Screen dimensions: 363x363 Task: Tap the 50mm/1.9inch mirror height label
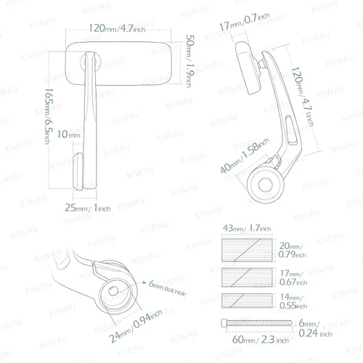pyautogui.click(x=190, y=61)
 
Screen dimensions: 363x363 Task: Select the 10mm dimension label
pyautogui.click(x=69, y=134)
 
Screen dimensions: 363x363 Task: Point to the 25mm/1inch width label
pyautogui.click(x=87, y=208)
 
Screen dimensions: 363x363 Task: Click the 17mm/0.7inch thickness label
pyautogui.click(x=245, y=22)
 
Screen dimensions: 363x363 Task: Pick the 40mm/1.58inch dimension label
pyautogui.click(x=245, y=155)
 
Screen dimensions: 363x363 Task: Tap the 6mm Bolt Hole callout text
pyautogui.click(x=167, y=288)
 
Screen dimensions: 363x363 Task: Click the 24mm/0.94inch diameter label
pyautogui.click(x=135, y=326)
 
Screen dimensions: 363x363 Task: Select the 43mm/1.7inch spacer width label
pyautogui.click(x=247, y=228)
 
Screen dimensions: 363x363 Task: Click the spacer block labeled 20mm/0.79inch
pyautogui.click(x=247, y=250)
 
